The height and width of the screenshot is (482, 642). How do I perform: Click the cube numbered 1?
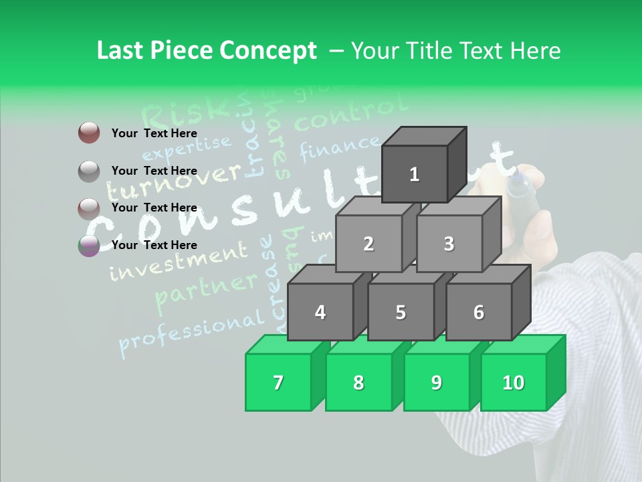click(x=415, y=174)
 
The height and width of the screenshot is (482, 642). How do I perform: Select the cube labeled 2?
click(x=368, y=244)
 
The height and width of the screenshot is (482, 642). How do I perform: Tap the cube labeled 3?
click(x=449, y=244)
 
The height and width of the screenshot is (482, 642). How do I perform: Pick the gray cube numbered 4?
click(x=320, y=312)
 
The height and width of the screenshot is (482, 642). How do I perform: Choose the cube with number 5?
click(x=400, y=312)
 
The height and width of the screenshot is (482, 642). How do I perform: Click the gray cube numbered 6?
click(x=478, y=312)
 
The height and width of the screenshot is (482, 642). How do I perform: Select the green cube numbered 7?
click(x=278, y=382)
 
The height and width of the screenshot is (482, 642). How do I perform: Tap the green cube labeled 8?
click(x=358, y=382)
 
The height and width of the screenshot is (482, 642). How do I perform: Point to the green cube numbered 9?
click(x=436, y=382)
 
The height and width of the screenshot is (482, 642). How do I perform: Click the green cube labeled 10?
click(x=514, y=382)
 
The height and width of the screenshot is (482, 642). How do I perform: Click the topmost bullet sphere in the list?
click(x=89, y=133)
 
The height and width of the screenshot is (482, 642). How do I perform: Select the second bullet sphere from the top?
click(x=89, y=171)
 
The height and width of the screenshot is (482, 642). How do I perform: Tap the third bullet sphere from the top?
click(x=89, y=208)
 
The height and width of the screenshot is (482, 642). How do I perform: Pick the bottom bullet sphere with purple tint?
click(x=89, y=246)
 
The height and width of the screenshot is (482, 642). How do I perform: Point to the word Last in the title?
click(x=120, y=51)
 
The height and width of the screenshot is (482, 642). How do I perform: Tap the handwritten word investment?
click(x=177, y=262)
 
